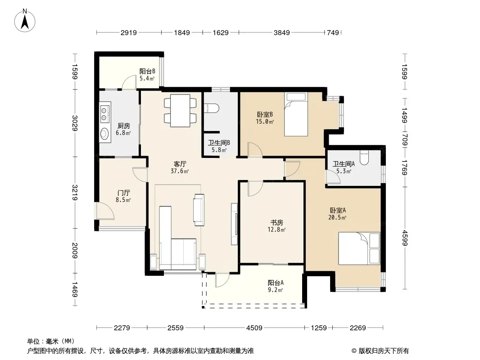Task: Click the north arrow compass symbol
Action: (25, 21)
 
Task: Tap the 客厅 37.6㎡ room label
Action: (180, 167)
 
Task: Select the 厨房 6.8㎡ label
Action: (123, 130)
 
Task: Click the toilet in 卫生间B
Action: (212, 108)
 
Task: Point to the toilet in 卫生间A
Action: (364, 157)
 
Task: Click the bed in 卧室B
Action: (296, 114)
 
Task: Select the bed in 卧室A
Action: (359, 248)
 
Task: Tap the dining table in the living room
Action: (180, 110)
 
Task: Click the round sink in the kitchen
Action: (104, 134)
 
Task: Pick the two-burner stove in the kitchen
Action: (104, 114)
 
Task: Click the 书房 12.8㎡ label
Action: (276, 226)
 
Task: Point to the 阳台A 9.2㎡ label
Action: (276, 286)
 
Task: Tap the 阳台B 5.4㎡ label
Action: (147, 75)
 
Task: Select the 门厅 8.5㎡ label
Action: (123, 196)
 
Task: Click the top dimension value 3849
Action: (281, 32)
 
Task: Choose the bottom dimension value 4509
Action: (254, 328)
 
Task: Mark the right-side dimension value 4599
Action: (404, 238)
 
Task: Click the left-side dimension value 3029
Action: (75, 123)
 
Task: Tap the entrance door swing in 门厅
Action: (105, 211)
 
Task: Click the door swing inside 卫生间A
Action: (333, 177)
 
